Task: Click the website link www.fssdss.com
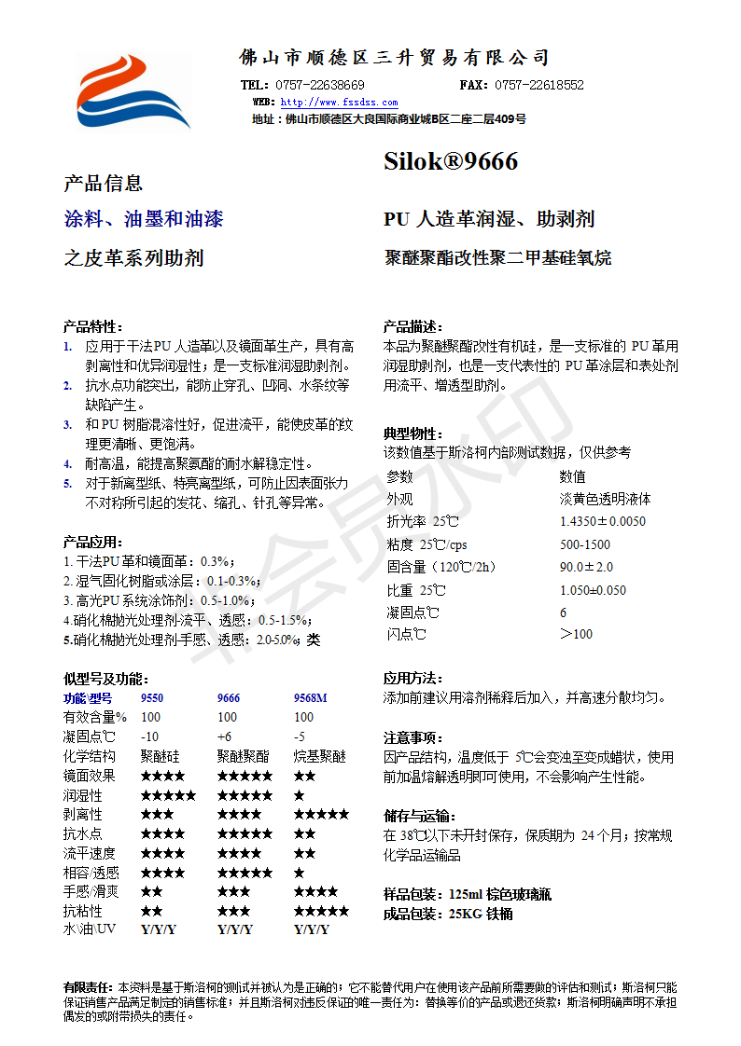coord(339,103)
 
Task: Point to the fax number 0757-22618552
coord(538,85)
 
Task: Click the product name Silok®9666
coord(451,162)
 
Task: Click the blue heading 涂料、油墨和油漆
coord(144,220)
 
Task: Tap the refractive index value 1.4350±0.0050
coord(602,521)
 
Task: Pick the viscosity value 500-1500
coord(585,544)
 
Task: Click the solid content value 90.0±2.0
coord(586,567)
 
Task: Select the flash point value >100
coord(576,635)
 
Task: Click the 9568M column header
coord(311,697)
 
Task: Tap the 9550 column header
coord(152,697)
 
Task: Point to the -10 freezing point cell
coord(149,736)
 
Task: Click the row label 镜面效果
coord(90,776)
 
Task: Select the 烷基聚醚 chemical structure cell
coord(320,756)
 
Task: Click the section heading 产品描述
coord(412,326)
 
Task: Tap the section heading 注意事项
coord(412,737)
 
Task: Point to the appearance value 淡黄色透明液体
coord(605,499)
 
